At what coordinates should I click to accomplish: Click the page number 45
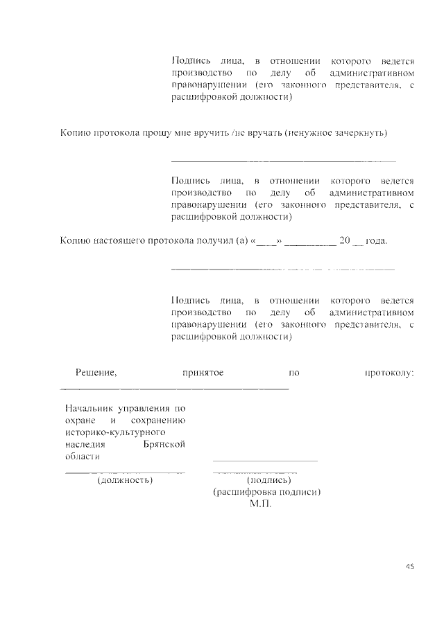tap(409, 566)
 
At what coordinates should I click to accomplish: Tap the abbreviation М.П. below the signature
tap(261, 504)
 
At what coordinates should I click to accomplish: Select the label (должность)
tap(125, 479)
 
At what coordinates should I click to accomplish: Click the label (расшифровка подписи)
tap(266, 492)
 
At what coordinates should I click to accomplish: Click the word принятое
tap(203, 373)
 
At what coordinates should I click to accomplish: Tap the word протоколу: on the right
tap(388, 373)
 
